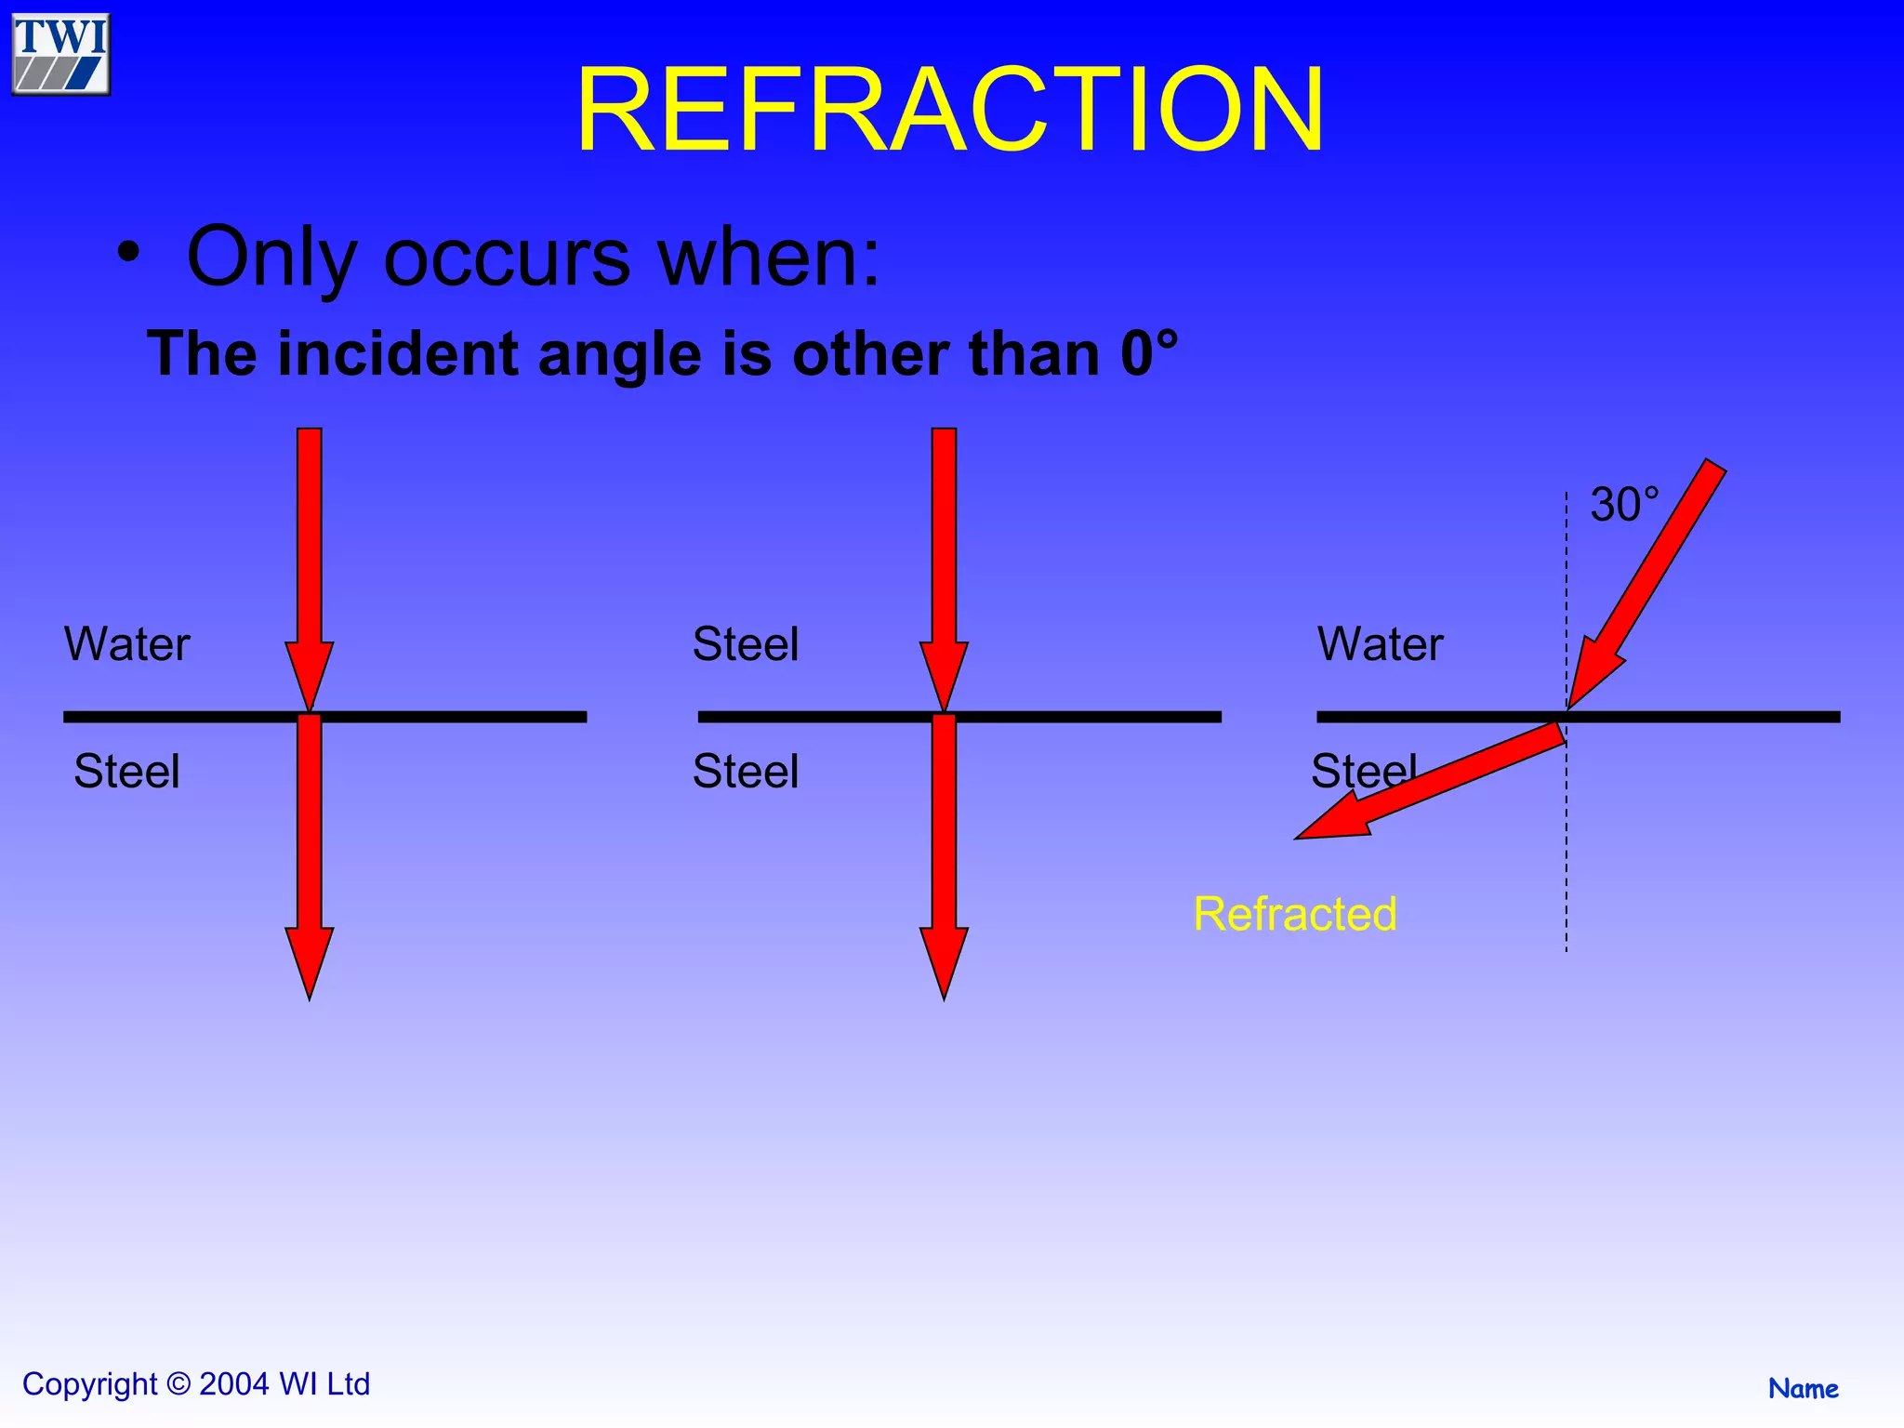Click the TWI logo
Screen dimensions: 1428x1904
[61, 54]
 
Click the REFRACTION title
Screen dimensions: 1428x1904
[950, 110]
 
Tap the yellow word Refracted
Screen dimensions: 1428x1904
[1294, 914]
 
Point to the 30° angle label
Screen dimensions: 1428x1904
[1623, 506]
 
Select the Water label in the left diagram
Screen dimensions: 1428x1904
[127, 644]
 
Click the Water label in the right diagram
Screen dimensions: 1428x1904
[1380, 644]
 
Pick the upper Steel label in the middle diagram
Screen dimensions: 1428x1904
[746, 644]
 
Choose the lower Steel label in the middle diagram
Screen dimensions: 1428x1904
[746, 772]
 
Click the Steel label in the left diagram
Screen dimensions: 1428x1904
[126, 772]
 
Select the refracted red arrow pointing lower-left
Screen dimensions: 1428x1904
[1432, 785]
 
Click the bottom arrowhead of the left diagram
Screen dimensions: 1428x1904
[309, 961]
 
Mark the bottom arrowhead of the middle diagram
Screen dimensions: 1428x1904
[944, 961]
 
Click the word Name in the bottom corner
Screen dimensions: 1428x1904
[1803, 1389]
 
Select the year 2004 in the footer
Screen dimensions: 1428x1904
[234, 1384]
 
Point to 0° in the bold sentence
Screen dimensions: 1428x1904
[1148, 353]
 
